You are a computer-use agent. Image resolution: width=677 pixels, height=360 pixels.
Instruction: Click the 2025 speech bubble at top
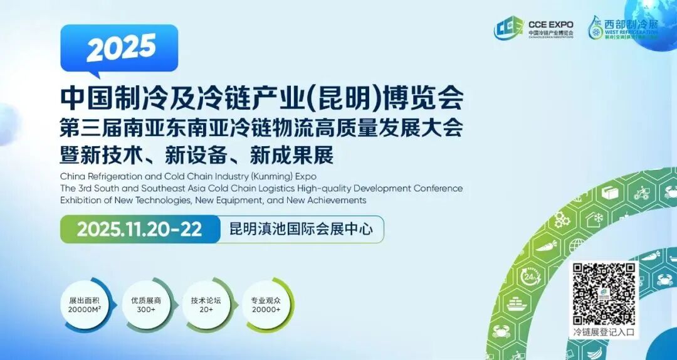119,46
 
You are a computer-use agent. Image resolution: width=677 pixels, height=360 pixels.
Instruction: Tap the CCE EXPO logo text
550,25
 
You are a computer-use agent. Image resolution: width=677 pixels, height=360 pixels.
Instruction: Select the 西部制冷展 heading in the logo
631,24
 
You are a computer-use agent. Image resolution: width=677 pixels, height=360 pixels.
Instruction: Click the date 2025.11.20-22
139,229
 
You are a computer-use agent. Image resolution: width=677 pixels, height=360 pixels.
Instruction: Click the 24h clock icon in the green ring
531,277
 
